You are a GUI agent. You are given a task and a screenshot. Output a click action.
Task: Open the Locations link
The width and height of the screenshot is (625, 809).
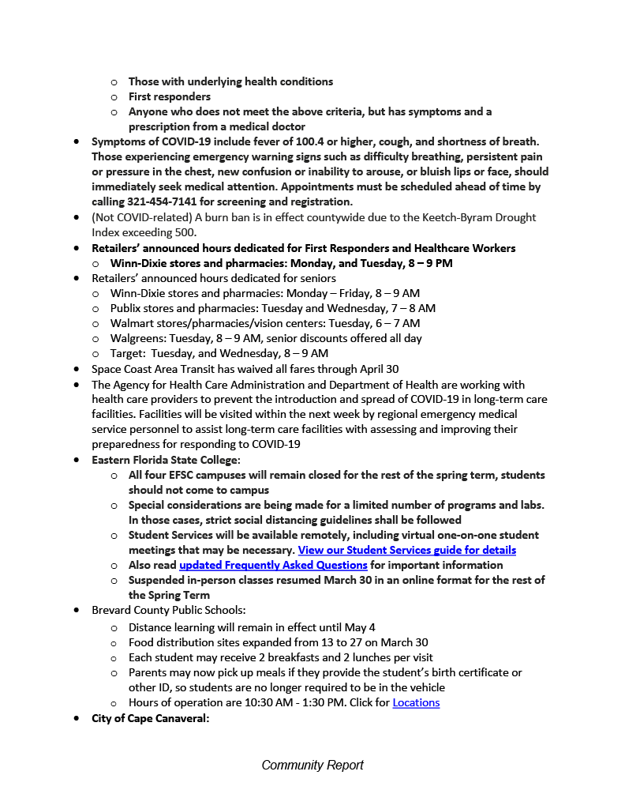coord(416,702)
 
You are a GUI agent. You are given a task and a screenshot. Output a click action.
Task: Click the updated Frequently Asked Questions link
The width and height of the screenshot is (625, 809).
coord(273,565)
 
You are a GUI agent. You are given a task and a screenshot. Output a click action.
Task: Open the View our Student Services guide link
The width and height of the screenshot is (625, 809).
coord(406,550)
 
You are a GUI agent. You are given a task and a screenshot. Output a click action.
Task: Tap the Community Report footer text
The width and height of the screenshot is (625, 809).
coord(312,765)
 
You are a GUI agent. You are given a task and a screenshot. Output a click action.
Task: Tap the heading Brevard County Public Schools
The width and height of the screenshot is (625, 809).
coord(168,610)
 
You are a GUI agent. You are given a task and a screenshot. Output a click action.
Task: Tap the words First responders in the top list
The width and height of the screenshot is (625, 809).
coord(169,96)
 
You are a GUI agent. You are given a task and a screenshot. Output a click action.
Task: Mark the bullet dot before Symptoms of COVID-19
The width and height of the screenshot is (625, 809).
coord(76,141)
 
